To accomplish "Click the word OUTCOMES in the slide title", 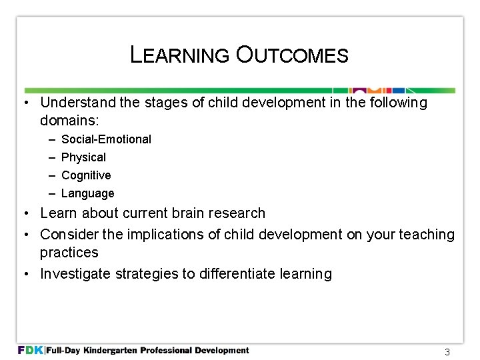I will [291, 55].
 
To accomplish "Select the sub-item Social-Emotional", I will [106, 139].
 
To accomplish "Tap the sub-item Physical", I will [83, 157].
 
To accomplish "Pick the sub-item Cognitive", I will [86, 175].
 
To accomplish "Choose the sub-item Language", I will [87, 193].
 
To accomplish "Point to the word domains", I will [68, 121].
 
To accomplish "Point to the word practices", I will [69, 253].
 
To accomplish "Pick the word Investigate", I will [73, 274].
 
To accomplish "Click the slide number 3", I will [447, 352].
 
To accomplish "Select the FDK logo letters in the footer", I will [31, 350].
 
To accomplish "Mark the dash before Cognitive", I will [51, 175].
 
